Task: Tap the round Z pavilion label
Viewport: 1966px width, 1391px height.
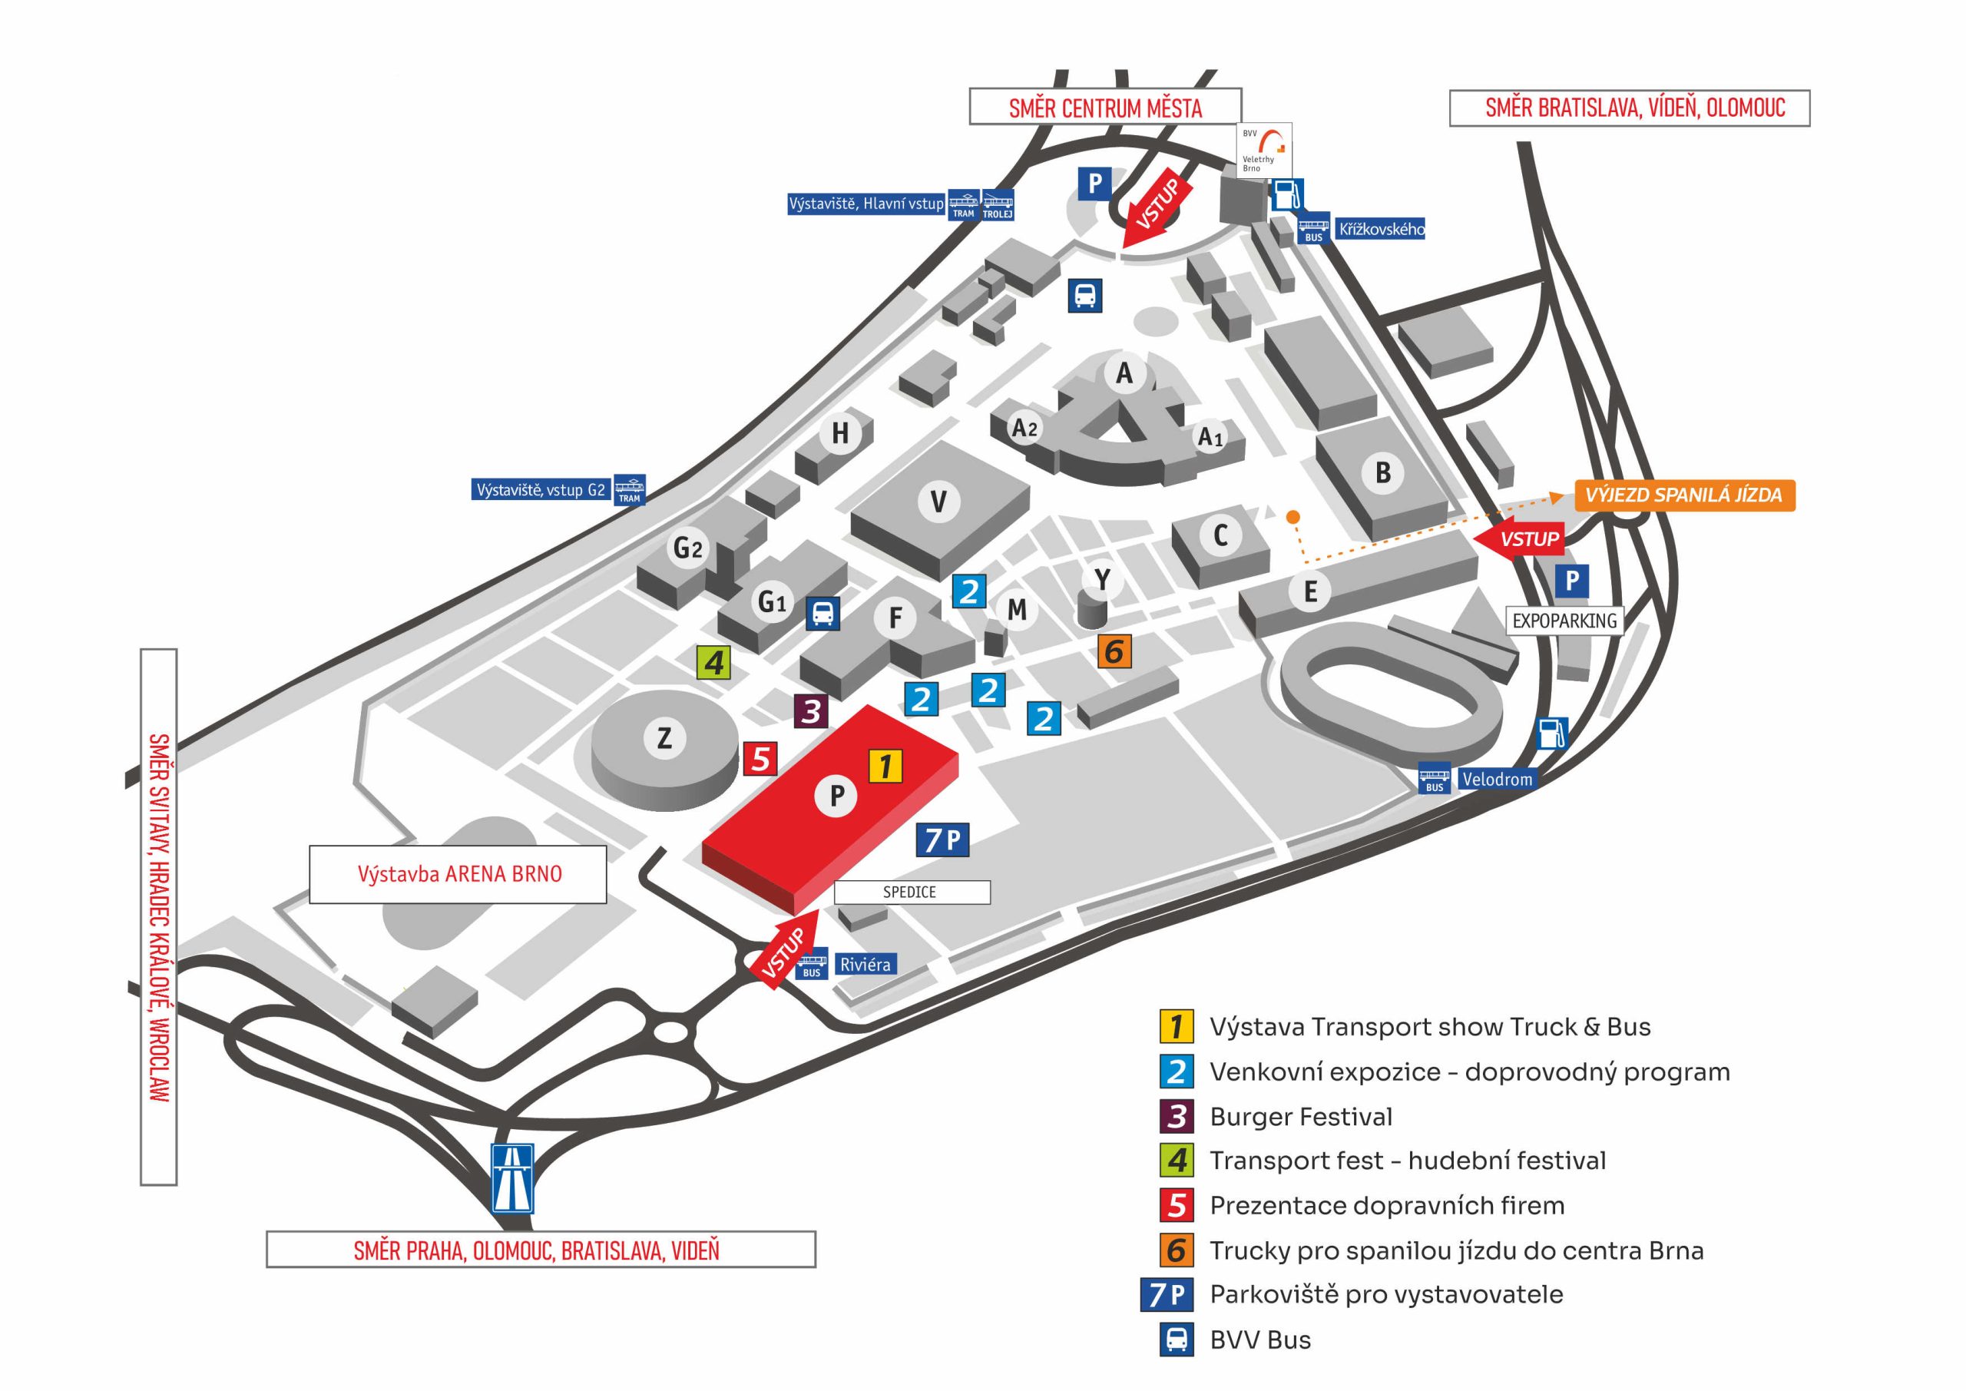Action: click(x=664, y=737)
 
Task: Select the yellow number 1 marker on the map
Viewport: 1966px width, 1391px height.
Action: click(x=885, y=765)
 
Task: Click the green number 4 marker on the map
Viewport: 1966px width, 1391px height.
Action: click(x=713, y=662)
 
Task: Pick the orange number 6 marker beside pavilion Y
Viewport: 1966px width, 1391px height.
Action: click(x=1114, y=652)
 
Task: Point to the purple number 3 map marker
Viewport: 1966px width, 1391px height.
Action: click(x=811, y=710)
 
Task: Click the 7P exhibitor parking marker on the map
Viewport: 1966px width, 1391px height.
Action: click(x=942, y=840)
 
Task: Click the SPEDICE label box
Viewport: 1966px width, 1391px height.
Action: click(x=911, y=892)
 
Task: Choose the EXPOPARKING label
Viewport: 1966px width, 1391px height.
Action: click(x=1564, y=620)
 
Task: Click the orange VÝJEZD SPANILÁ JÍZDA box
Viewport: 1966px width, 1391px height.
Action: click(x=1683, y=495)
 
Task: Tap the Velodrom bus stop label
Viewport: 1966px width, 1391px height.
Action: click(x=1496, y=779)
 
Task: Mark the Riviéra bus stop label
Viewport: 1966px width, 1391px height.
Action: click(x=865, y=965)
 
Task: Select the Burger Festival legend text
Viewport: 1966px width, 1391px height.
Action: click(x=1301, y=1117)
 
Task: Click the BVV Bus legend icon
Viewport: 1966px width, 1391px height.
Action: click(x=1177, y=1340)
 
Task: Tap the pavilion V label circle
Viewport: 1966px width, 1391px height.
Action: click(x=938, y=501)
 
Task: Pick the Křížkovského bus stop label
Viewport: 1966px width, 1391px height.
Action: click(x=1381, y=229)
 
